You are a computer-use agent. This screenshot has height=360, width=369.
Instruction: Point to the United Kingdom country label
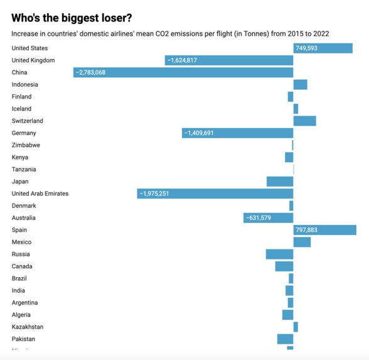pyautogui.click(x=33, y=60)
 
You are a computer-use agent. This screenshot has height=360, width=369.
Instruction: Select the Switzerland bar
pyautogui.click(x=304, y=121)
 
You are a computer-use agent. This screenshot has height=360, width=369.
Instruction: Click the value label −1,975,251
pyautogui.click(x=154, y=194)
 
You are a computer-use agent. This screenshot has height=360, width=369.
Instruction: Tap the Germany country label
pyautogui.click(x=24, y=133)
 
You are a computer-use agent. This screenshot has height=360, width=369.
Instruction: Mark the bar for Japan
pyautogui.click(x=280, y=182)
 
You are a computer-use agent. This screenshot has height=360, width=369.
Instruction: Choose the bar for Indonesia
pyautogui.click(x=300, y=85)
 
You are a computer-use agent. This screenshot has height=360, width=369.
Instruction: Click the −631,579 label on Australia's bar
pyautogui.click(x=259, y=218)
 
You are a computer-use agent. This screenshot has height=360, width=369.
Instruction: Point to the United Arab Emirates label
pyautogui.click(x=40, y=194)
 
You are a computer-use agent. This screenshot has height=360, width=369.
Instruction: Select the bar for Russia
pyautogui.click(x=279, y=254)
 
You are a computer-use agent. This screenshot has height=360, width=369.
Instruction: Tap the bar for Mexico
pyautogui.click(x=302, y=242)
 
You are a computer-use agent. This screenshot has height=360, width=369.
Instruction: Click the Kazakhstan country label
pyautogui.click(x=28, y=327)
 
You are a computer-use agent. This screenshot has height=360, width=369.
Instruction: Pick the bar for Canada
pyautogui.click(x=284, y=266)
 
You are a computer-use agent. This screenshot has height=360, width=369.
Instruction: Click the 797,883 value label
pyautogui.click(x=306, y=230)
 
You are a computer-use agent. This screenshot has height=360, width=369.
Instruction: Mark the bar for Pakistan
pyautogui.click(x=285, y=339)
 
